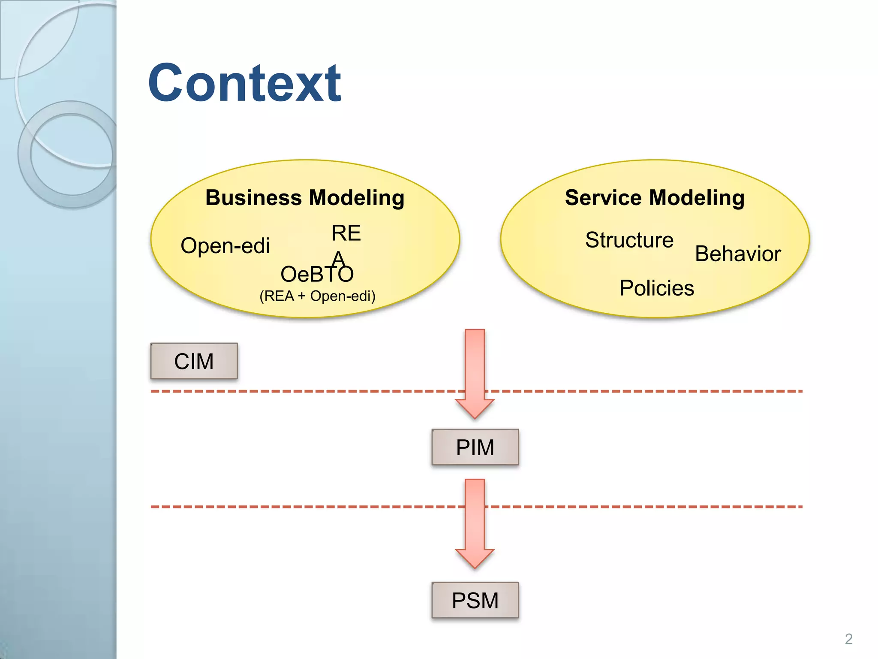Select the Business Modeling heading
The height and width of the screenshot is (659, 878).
[305, 198]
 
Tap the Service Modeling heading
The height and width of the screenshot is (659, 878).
[655, 198]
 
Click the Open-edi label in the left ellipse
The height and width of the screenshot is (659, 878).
[225, 246]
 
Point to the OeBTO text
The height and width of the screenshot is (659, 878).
[317, 274]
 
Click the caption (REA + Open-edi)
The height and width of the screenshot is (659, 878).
[317, 296]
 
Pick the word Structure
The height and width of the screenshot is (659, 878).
[629, 240]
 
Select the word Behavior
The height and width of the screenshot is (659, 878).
[737, 254]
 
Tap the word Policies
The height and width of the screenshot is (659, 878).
[656, 288]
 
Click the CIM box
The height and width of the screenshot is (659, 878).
[194, 361]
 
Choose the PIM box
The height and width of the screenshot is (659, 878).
[475, 447]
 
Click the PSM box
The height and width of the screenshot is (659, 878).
[475, 600]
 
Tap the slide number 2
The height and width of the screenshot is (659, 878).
[848, 639]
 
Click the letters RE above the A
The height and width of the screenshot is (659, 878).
[346, 233]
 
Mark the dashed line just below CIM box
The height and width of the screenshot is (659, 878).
[300, 391]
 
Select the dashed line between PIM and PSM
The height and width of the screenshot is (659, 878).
[300, 507]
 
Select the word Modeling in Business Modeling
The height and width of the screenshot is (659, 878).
[356, 198]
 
